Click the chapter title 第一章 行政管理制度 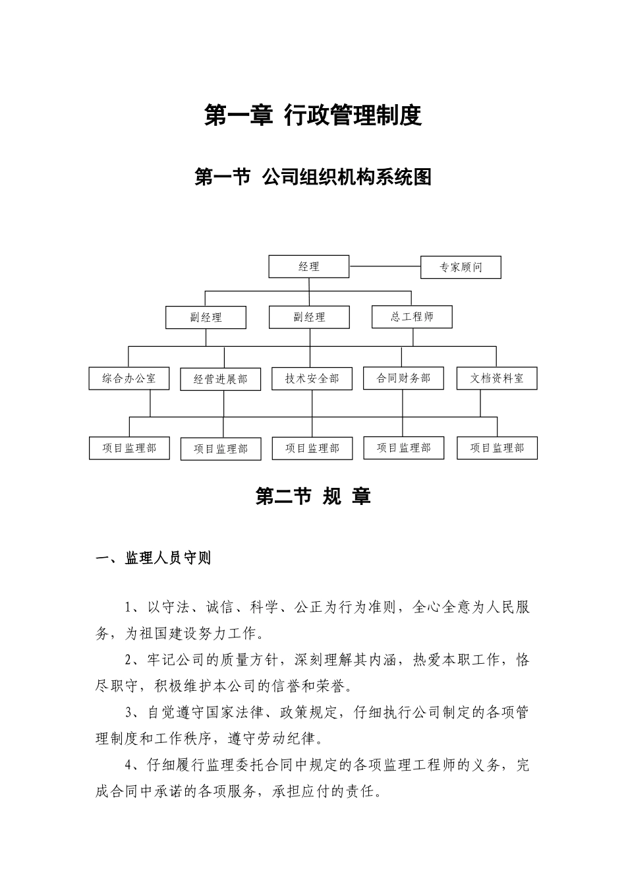[313, 116]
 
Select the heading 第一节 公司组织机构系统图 [313, 177]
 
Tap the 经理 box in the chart [309, 267]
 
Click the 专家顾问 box [461, 268]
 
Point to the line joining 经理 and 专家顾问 [385, 267]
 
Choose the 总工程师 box [413, 317]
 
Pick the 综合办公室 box [129, 379]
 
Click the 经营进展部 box [221, 380]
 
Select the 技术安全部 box [312, 379]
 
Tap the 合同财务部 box [403, 378]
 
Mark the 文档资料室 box [497, 379]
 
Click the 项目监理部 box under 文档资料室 [497, 448]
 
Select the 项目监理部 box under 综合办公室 [129, 448]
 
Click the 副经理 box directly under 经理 [309, 318]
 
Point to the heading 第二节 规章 [313, 496]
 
